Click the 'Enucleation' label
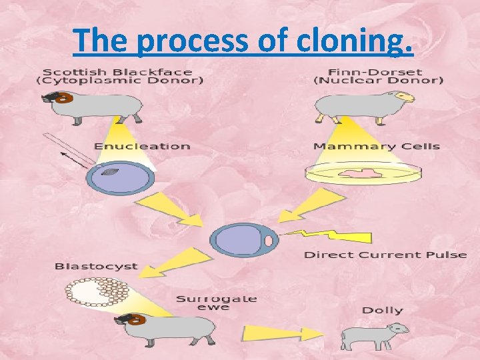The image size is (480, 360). pyautogui.click(x=142, y=146)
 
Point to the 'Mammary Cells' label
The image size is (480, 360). pyautogui.click(x=377, y=146)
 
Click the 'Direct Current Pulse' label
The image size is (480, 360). pyautogui.click(x=385, y=255)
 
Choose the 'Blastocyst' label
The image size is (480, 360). pyautogui.click(x=96, y=266)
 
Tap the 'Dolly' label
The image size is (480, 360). pyautogui.click(x=383, y=310)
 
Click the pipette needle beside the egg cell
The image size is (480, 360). pyautogui.click(x=70, y=151)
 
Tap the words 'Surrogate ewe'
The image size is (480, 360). pyautogui.click(x=217, y=303)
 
